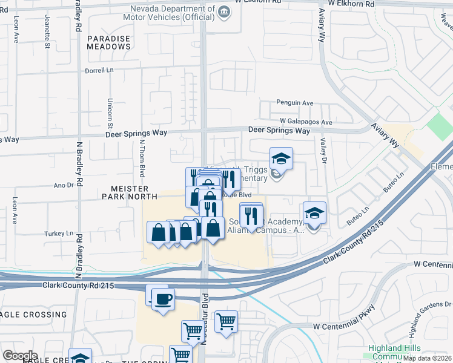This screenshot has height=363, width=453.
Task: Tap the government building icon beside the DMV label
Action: (223, 11)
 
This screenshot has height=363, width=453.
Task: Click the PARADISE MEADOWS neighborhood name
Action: (108, 42)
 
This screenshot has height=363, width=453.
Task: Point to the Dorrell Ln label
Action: (99, 70)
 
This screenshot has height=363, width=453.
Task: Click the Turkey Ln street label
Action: (58, 233)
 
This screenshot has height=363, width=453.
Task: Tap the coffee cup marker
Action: (163, 298)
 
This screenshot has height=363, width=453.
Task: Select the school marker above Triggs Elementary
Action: (281, 159)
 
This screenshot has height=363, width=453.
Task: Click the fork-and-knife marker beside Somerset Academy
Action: (251, 215)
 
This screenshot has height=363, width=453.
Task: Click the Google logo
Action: (20, 355)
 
